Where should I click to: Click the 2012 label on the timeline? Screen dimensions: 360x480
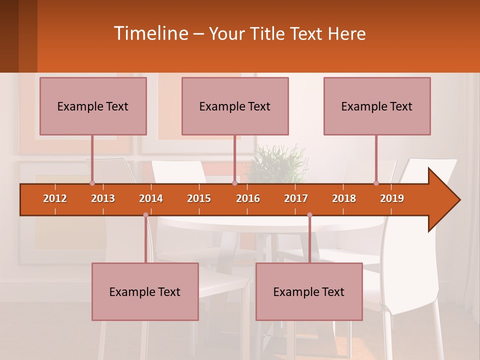click(x=55, y=198)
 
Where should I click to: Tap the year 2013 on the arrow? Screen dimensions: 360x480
click(x=103, y=198)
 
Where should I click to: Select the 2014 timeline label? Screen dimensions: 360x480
click(x=151, y=198)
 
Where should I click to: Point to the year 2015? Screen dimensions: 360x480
click(x=199, y=198)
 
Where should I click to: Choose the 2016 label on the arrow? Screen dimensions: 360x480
click(x=248, y=198)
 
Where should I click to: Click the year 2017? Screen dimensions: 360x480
click(x=296, y=198)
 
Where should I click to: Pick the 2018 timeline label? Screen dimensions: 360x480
click(x=344, y=198)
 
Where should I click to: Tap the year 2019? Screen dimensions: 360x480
click(x=392, y=198)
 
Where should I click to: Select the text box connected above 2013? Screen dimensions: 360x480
click(x=93, y=106)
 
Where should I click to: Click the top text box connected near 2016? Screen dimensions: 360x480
click(x=235, y=106)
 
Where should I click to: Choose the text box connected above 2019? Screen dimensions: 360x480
click(x=377, y=106)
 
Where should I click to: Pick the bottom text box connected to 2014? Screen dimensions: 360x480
click(x=145, y=291)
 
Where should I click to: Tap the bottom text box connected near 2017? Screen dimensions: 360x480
click(x=309, y=291)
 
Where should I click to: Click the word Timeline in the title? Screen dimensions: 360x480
click(x=150, y=33)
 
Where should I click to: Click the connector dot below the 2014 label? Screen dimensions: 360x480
click(x=145, y=215)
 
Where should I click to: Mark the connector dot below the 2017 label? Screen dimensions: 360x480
click(x=309, y=215)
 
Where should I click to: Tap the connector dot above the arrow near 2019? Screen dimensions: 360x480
click(x=376, y=183)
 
